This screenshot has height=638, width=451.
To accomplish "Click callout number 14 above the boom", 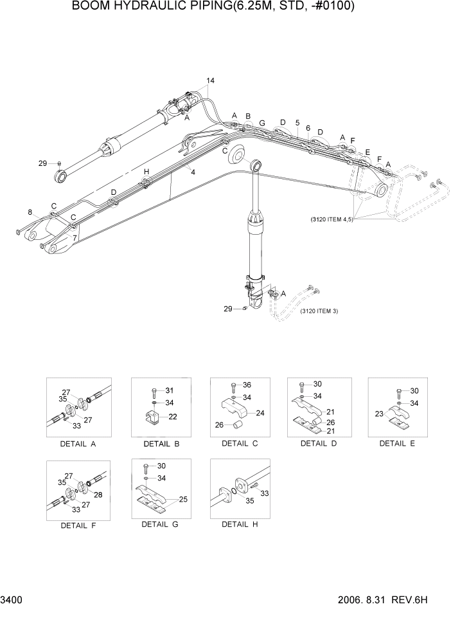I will [210, 80].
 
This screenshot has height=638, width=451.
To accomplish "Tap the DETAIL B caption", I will [157, 444].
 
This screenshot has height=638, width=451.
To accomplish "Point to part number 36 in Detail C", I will [247, 385].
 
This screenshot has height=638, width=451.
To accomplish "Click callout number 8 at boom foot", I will [30, 212].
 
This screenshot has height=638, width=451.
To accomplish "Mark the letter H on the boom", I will [146, 172].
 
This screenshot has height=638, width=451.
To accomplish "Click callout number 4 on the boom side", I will [193, 172].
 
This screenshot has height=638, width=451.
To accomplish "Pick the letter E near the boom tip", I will [367, 152].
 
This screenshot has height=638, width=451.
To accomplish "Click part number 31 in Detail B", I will [170, 390].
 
